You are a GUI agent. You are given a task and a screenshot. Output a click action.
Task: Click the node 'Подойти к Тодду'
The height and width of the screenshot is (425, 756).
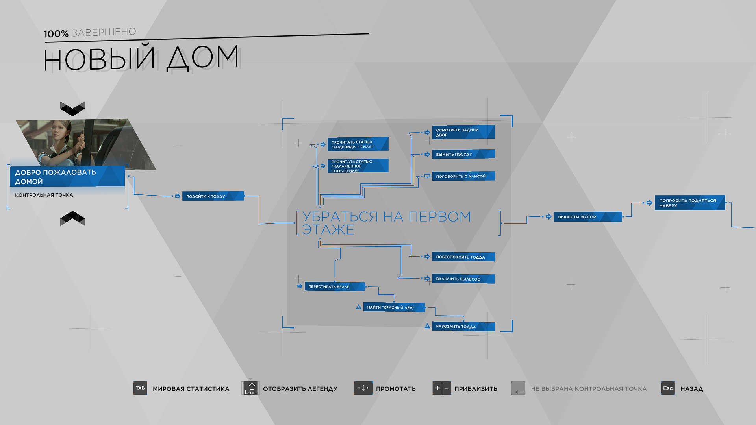tap(213, 196)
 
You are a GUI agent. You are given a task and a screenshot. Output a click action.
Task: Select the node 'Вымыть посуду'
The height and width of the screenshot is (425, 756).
tap(463, 154)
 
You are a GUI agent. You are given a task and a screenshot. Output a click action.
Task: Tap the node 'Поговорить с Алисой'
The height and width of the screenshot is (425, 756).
tap(463, 176)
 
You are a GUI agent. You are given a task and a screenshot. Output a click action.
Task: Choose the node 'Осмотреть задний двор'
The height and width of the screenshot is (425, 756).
tap(463, 132)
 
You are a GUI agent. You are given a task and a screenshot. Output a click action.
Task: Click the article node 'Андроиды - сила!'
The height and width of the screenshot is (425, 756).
tap(358, 144)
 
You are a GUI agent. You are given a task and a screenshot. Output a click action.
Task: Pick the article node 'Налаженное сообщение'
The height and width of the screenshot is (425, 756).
tap(358, 166)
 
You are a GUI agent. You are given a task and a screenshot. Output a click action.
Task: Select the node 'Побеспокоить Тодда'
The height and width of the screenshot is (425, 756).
tap(463, 257)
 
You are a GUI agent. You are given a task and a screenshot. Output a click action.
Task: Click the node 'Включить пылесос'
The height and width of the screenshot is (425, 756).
tap(463, 279)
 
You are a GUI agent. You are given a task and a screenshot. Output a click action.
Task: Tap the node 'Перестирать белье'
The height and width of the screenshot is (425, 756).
tap(335, 286)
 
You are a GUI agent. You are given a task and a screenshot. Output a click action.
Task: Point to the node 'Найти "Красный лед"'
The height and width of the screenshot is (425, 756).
tap(394, 307)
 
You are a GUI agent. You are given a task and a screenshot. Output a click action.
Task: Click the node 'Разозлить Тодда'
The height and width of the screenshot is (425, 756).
tap(463, 327)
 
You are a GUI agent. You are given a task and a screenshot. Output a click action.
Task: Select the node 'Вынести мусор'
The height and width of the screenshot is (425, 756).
tap(588, 217)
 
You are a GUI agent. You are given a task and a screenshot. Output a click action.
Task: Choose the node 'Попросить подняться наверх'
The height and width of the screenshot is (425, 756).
tap(690, 203)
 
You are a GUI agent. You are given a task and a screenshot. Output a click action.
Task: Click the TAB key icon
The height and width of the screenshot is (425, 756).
tap(140, 388)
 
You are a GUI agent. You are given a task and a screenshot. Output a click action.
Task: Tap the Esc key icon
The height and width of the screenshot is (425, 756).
tap(668, 388)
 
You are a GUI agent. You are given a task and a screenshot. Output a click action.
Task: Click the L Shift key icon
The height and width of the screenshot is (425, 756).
tap(251, 388)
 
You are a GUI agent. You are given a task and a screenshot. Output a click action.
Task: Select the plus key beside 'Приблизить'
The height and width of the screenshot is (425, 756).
tap(437, 388)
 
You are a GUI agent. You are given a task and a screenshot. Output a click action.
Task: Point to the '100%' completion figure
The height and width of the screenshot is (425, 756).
tap(56, 34)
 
